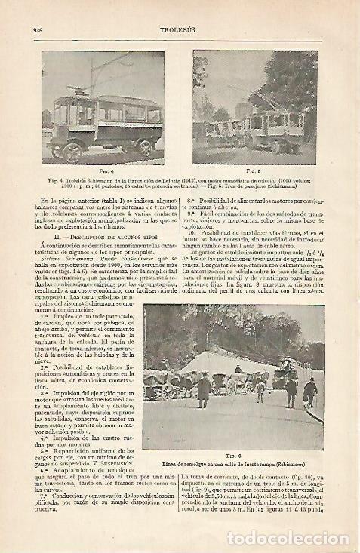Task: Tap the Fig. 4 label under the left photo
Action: tap(105, 171)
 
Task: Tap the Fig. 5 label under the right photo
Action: tap(254, 171)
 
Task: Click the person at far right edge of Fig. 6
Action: tap(310, 392)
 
